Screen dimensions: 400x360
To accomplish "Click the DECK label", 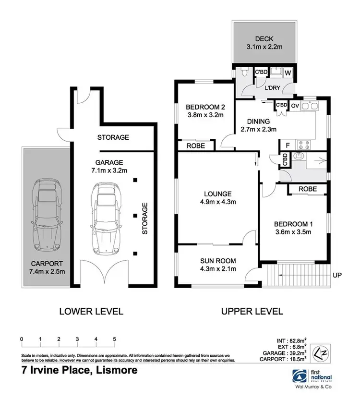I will pos(264,39).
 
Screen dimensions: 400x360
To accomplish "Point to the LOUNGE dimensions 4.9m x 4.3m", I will pos(217,202).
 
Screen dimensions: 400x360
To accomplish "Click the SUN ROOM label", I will pos(217,261).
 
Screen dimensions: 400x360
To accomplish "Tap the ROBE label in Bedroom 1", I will pos(308,189).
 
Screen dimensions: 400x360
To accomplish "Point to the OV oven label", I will pos(295,106).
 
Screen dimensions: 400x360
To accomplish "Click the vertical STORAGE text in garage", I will pos(144,218).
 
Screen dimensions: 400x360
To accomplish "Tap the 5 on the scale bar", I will pos(114,339).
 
